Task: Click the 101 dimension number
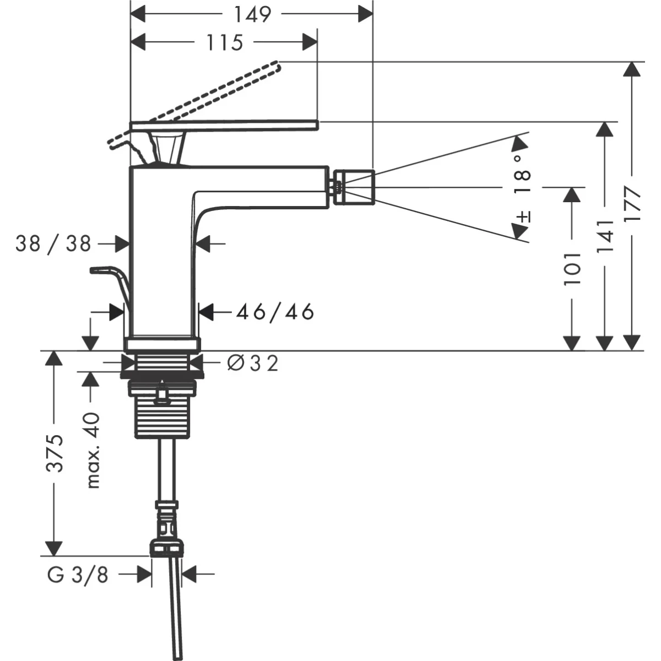pyautogui.click(x=573, y=269)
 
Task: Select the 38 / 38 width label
pyautogui.click(x=53, y=243)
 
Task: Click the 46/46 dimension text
pyautogui.click(x=275, y=312)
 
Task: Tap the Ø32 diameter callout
pyautogui.click(x=253, y=363)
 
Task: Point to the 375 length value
pyautogui.click(x=54, y=453)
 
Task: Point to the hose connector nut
pyautogui.click(x=166, y=549)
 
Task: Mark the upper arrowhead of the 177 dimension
pyautogui.click(x=633, y=69)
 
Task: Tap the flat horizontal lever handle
pyautogui.click(x=231, y=126)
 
